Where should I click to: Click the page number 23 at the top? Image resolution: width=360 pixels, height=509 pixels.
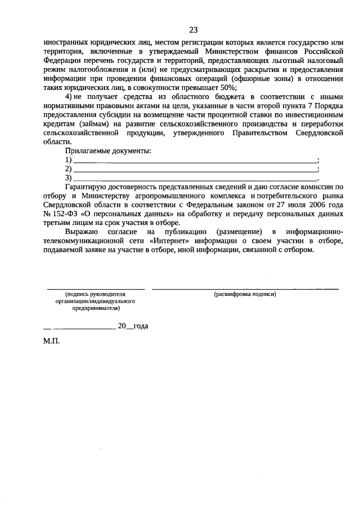pyautogui.click(x=193, y=30)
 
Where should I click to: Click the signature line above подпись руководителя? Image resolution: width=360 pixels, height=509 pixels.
pyautogui.click(x=95, y=289)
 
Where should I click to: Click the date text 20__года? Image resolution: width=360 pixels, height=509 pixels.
pyautogui.click(x=133, y=326)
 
